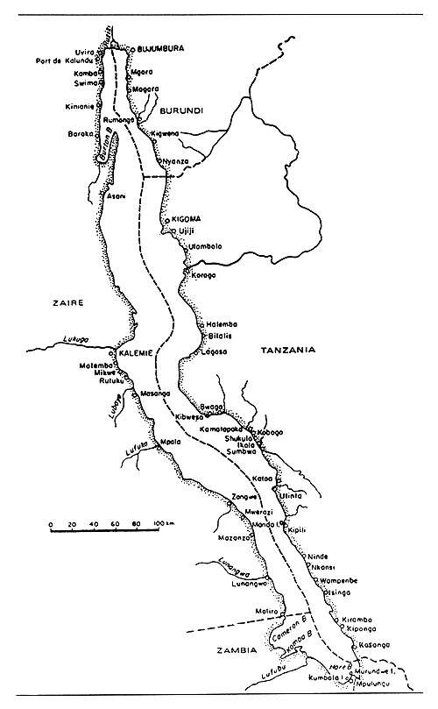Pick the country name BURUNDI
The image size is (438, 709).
tap(182, 110)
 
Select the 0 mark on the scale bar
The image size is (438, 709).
tap(51, 524)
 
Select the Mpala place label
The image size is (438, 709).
tap(171, 442)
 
